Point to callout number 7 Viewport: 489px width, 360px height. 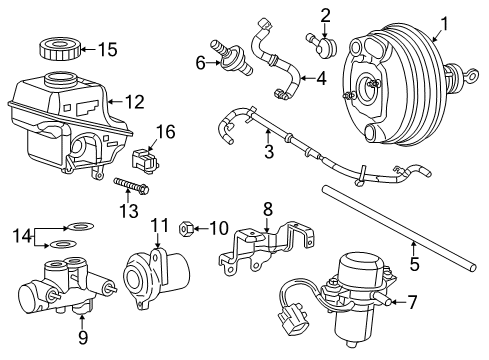[x=413, y=301]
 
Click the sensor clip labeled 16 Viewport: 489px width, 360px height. [x=143, y=158]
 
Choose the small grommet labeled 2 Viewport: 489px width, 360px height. [x=325, y=45]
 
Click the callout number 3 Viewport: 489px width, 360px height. [x=268, y=152]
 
